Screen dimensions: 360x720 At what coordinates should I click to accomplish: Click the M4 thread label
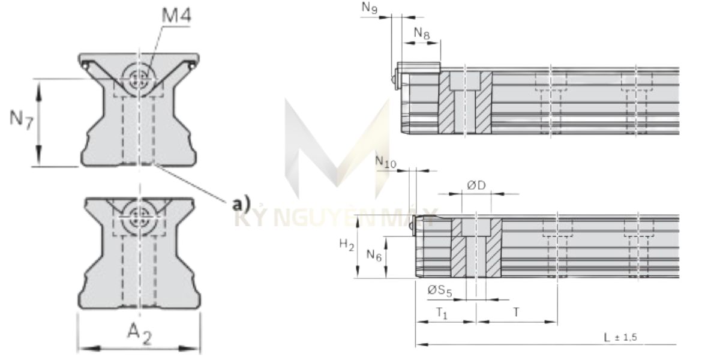point(175,16)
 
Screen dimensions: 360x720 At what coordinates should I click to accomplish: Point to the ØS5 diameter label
point(439,290)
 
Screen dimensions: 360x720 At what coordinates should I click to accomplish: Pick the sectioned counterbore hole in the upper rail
point(466,102)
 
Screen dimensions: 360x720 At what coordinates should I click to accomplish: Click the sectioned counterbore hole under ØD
point(476,247)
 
